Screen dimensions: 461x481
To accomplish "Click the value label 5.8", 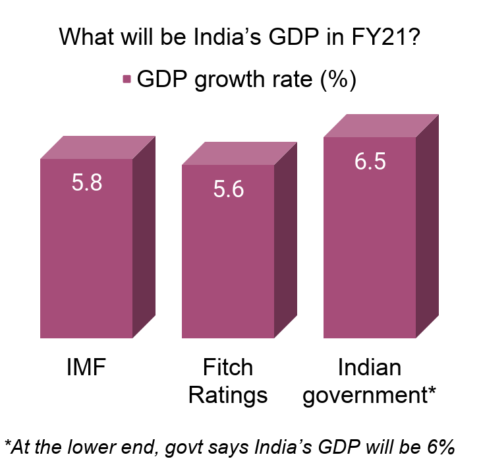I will (87, 183).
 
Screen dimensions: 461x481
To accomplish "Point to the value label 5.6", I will (229, 190).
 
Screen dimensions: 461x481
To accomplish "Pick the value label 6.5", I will (370, 162).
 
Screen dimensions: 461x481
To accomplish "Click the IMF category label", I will (86, 367).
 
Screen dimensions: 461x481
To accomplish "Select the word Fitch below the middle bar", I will (228, 367).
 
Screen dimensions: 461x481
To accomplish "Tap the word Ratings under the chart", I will (228, 395).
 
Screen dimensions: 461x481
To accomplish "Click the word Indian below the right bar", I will (369, 367).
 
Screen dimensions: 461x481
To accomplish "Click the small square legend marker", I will (127, 79).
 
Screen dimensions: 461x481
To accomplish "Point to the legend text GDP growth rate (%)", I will (246, 79).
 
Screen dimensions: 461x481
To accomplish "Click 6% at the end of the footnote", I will (441, 446).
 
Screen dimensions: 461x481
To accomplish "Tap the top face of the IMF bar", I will (98, 148).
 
